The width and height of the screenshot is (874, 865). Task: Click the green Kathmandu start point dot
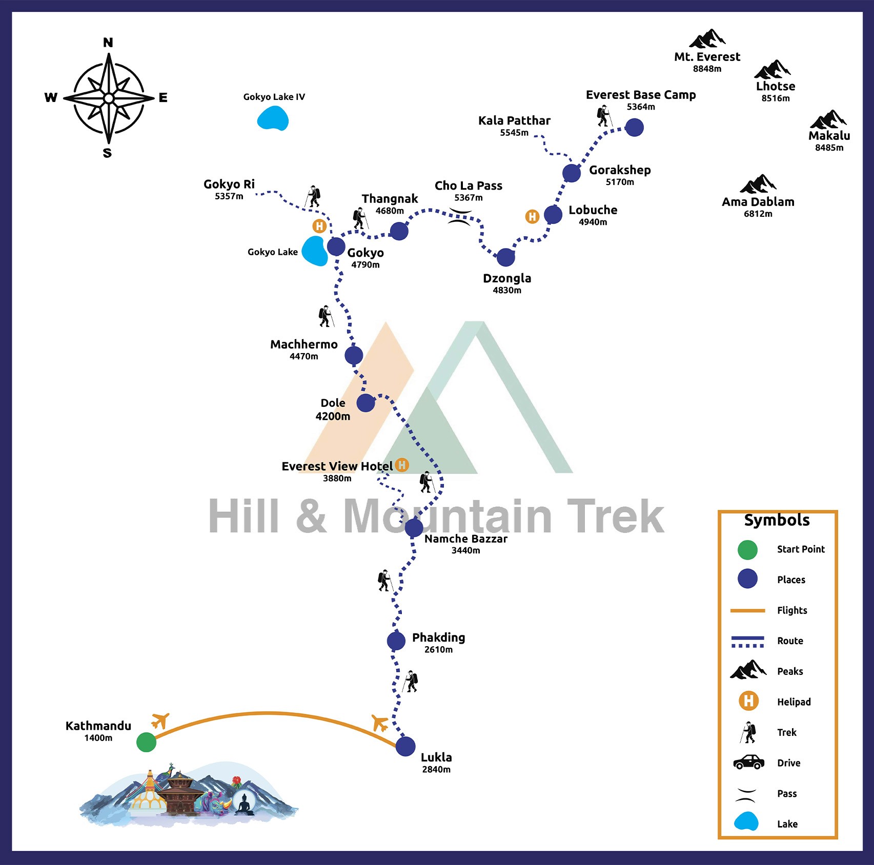tap(146, 742)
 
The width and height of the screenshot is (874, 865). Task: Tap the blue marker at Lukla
tap(405, 746)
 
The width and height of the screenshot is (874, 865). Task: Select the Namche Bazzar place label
tap(465, 539)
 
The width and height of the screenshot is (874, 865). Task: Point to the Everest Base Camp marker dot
tap(634, 127)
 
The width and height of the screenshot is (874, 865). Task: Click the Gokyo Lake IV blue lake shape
tap(273, 118)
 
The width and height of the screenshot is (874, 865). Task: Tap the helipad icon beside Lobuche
tap(532, 217)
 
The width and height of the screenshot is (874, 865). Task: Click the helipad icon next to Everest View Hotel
tap(402, 465)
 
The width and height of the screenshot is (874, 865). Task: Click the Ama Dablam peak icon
tap(758, 183)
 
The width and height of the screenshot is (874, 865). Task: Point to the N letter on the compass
tap(108, 43)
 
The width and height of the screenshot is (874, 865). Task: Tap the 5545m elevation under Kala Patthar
tap(514, 133)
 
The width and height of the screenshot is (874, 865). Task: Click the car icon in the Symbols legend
tap(748, 762)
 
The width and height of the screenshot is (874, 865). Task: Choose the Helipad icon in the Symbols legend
tap(748, 701)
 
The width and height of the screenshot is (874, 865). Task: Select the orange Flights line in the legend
tap(747, 610)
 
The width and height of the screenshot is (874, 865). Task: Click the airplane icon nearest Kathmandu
tap(160, 720)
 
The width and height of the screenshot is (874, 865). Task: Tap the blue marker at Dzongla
tap(505, 257)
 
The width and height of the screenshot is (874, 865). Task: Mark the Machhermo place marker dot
tap(354, 355)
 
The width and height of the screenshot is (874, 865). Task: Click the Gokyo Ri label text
tap(229, 184)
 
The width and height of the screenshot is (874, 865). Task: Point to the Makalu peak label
tap(829, 136)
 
